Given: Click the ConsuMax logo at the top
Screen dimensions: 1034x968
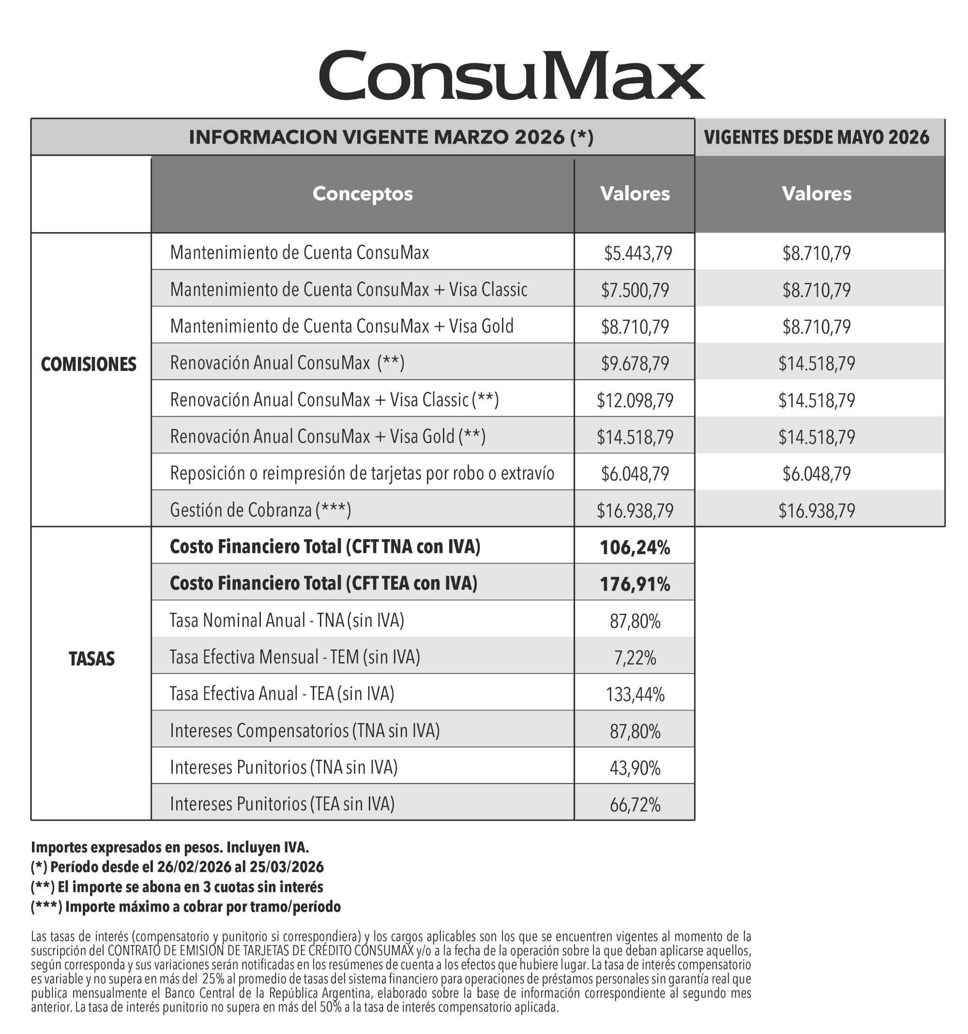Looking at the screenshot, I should click(x=512, y=75).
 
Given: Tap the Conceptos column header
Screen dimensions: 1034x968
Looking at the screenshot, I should click(x=362, y=193).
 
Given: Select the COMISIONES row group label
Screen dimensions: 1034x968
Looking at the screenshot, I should click(x=89, y=364).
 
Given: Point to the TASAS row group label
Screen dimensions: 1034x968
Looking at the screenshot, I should click(x=91, y=659).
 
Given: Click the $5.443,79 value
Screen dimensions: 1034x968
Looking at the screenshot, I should click(x=637, y=253).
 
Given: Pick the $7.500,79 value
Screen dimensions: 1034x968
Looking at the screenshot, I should click(x=635, y=290).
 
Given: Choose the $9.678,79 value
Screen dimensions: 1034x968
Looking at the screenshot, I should click(x=635, y=363).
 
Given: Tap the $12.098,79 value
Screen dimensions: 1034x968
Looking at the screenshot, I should click(x=635, y=400).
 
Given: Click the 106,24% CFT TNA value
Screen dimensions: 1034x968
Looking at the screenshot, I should click(x=635, y=547).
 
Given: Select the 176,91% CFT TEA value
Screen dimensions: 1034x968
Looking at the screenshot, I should click(x=635, y=584).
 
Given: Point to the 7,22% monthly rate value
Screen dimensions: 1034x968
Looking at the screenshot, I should click(x=635, y=658).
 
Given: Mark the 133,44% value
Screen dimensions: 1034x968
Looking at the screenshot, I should click(x=635, y=694).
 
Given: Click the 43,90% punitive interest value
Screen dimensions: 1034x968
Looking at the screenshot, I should click(x=635, y=768).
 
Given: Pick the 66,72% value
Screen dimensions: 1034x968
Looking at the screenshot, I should click(x=635, y=805).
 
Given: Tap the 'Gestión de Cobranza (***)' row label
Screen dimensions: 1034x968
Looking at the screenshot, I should click(x=260, y=510).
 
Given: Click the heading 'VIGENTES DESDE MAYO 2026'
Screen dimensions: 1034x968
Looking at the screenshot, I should click(x=816, y=137).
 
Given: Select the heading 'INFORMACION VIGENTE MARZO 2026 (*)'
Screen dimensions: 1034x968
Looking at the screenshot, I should click(x=391, y=137).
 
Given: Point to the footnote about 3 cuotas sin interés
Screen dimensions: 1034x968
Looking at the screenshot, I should click(x=177, y=887).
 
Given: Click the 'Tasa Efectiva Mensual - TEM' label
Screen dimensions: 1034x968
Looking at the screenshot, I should click(x=295, y=657).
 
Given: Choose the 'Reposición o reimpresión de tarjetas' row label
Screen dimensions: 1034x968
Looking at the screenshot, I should click(x=362, y=473).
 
